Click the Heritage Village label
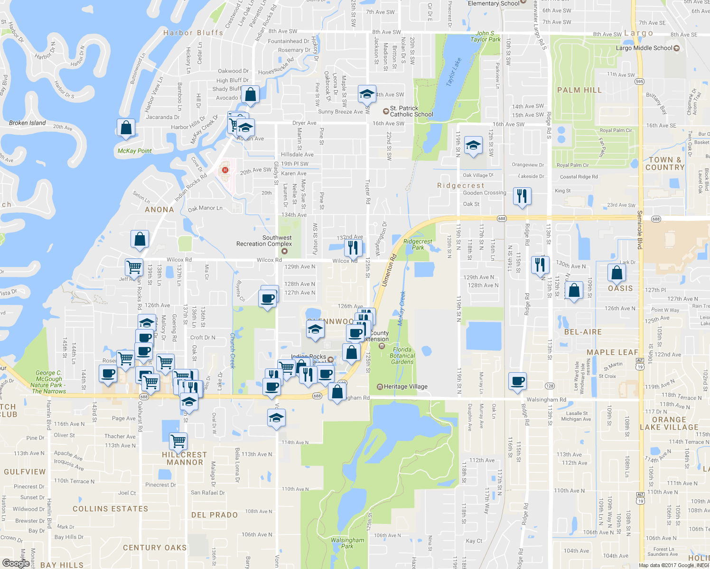(405, 386)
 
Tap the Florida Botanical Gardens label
(402, 356)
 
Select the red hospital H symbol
(225, 170)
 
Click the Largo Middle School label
(644, 48)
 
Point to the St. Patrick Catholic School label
(411, 111)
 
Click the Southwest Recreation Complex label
(264, 241)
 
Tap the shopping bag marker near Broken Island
(126, 128)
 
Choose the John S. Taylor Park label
(485, 37)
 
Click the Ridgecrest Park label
(418, 244)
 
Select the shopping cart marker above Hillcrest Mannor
(178, 441)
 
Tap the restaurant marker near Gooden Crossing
(522, 196)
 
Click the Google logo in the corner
(16, 563)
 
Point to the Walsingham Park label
(347, 543)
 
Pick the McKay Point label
(134, 151)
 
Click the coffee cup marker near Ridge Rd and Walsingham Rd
(518, 381)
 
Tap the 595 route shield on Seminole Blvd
(639, 82)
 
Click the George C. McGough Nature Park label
(48, 382)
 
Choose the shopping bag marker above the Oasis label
(617, 273)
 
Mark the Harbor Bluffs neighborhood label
(193, 33)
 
